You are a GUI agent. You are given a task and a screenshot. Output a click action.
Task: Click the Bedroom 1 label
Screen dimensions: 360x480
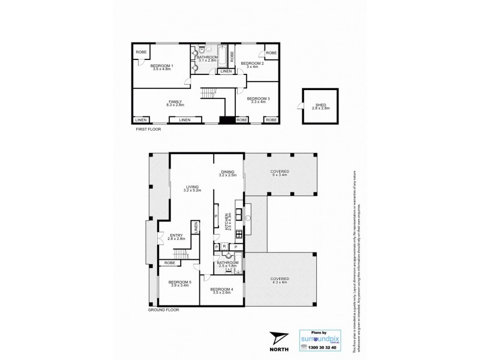pyautogui.click(x=161, y=65)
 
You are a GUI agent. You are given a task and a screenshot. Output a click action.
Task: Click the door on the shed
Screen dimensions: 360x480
pyautogui.click(x=300, y=107)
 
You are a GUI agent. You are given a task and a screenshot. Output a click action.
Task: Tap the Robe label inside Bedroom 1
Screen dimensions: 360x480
pyautogui.click(x=141, y=52)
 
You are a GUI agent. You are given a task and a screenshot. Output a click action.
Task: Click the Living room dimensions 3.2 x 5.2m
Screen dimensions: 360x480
pyautogui.click(x=192, y=190)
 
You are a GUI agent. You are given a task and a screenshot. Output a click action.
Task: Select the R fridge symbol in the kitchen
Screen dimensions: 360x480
pyautogui.click(x=224, y=247)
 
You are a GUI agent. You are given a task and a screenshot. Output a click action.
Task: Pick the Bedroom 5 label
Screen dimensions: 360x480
pyautogui.click(x=179, y=282)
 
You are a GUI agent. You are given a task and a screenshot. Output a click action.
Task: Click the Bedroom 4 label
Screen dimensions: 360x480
pyautogui.click(x=221, y=290)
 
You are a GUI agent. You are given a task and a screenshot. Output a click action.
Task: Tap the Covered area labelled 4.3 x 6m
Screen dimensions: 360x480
pyautogui.click(x=280, y=282)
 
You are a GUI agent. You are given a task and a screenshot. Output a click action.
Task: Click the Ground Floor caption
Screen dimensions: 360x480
pyautogui.click(x=164, y=310)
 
